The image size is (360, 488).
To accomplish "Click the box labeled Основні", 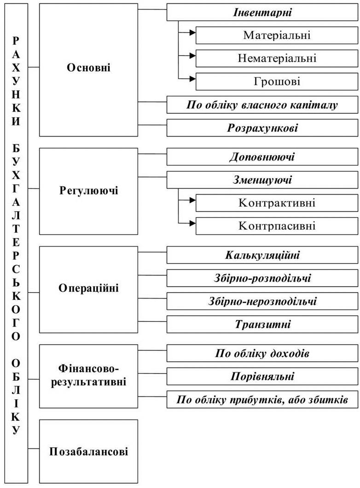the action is coord(88,70).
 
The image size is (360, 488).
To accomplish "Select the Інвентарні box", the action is coord(262,12).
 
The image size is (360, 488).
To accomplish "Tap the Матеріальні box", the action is coord(277,35).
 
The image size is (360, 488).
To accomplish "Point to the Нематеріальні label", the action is coord(277,58).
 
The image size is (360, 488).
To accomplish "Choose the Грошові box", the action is coord(277,81).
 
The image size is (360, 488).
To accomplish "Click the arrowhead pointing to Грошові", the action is coord(192,79).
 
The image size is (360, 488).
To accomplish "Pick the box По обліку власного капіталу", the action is coord(262,105).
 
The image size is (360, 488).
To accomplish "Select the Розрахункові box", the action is coord(262,128).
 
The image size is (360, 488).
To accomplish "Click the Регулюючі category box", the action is coord(88,191).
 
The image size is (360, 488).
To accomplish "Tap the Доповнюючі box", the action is coord(262,156).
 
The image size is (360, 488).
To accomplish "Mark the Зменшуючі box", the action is coord(262,180).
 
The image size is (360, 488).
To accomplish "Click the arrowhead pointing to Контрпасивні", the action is coord(192,223).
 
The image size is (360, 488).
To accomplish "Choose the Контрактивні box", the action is coord(277,203).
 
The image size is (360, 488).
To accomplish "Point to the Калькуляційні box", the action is coord(262,255).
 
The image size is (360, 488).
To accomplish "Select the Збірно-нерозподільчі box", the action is coord(262,301).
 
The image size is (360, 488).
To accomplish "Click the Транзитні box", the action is coord(262,324).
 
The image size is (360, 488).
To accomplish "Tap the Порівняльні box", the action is coord(262,376).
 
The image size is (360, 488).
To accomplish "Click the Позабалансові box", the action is coord(88,451).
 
